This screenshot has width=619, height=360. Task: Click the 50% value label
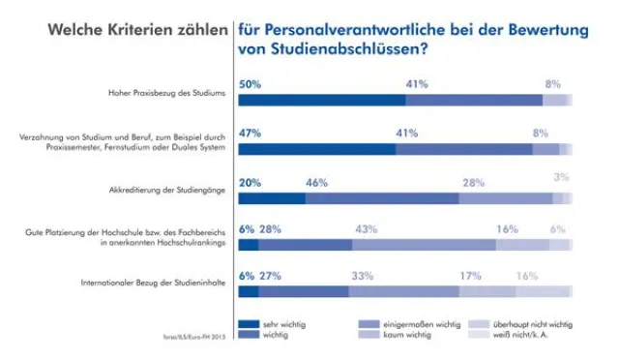click(x=251, y=84)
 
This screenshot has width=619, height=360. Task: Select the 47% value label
click(x=251, y=133)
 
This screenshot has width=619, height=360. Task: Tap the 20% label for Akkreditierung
click(x=251, y=182)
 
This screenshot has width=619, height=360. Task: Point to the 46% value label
click(x=316, y=182)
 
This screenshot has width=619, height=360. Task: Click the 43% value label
click(x=366, y=228)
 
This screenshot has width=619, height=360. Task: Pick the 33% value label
click(x=363, y=276)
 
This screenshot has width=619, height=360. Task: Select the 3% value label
click(x=561, y=177)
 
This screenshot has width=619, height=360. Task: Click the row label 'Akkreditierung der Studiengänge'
click(x=169, y=191)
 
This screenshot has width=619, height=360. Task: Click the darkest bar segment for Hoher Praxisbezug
click(x=321, y=100)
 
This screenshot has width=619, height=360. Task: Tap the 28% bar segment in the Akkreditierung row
click(x=505, y=197)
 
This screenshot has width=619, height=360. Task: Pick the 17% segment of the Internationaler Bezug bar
click(x=487, y=291)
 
